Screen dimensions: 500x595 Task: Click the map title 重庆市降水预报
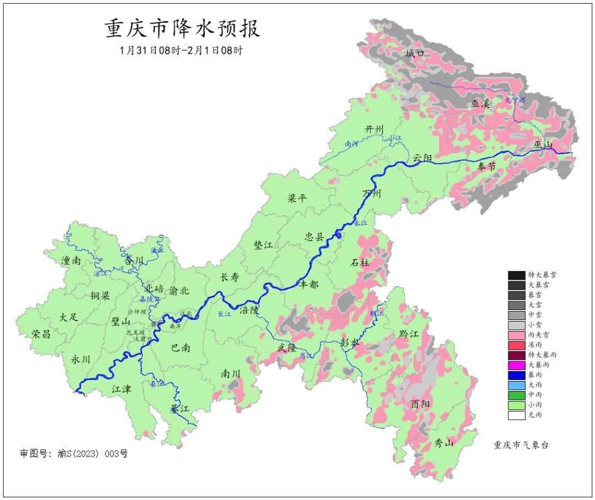pos(182,28)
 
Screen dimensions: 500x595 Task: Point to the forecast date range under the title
pos(181,50)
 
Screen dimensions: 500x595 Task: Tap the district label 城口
pos(415,53)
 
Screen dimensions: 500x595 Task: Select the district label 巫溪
pos(480,103)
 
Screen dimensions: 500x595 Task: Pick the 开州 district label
pos(374,129)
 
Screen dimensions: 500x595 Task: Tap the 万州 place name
pos(372,194)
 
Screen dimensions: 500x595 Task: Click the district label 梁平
pos(297,198)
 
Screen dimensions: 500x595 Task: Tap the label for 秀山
pos(443,443)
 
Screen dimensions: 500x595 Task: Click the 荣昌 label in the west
pos(41,334)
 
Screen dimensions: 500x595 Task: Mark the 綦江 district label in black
pos(179,409)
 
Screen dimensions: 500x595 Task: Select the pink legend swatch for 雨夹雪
pos(516,335)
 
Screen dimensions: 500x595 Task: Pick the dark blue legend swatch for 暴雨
pos(516,375)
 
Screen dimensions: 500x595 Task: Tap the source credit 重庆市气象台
pos(521,445)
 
